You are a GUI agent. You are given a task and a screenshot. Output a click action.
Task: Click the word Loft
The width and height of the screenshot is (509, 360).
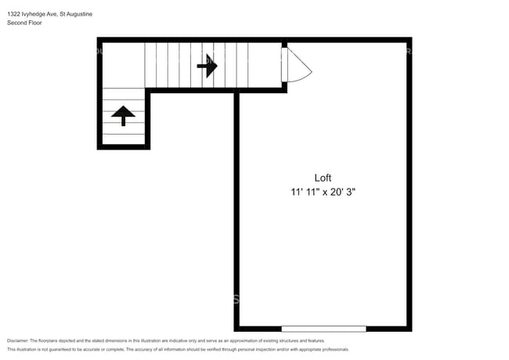323,177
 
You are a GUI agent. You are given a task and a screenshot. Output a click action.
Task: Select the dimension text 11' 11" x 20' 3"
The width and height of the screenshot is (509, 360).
323,191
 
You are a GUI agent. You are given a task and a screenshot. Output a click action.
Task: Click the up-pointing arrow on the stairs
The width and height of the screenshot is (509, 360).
123,115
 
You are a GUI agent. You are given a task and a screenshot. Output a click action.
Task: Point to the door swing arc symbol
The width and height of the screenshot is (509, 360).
297,66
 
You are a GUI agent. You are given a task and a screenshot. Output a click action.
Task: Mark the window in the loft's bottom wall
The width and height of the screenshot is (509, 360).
323,328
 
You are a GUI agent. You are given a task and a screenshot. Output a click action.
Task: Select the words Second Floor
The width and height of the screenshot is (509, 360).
24,23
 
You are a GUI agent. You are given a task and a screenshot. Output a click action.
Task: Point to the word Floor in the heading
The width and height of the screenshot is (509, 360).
34,23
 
